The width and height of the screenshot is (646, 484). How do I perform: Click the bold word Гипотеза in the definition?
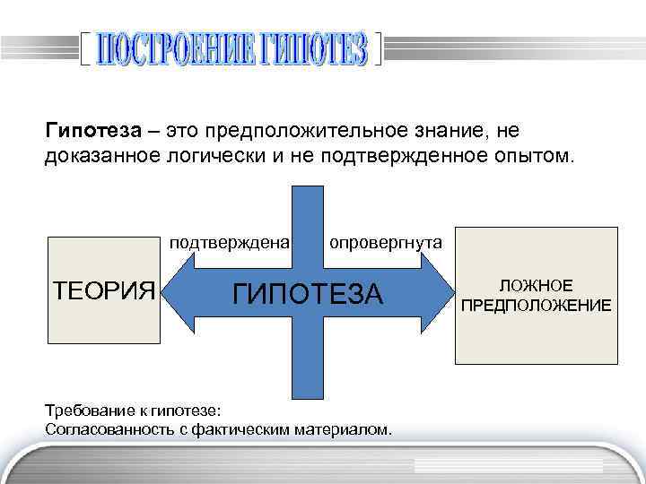click(x=93, y=132)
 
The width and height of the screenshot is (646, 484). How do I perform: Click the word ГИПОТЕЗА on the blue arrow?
click(x=308, y=293)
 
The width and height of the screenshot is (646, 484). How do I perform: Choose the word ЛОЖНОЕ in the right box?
click(x=536, y=285)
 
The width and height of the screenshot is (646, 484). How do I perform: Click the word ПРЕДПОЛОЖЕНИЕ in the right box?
click(x=536, y=306)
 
